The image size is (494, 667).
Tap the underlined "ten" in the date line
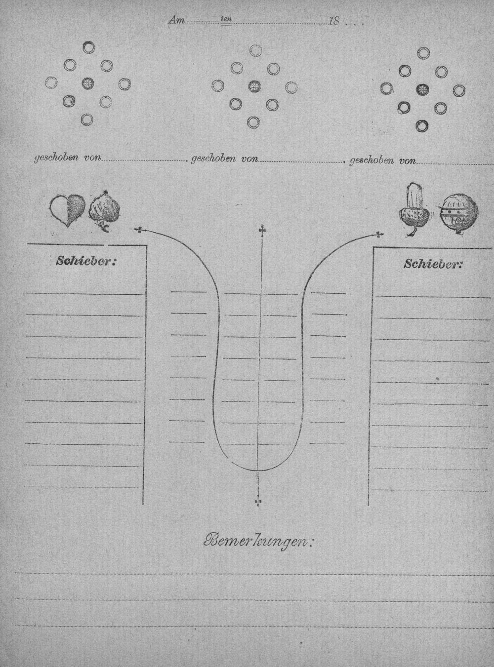(x=226, y=19)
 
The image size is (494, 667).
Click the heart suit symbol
(x=68, y=210)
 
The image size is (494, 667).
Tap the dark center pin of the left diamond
(x=88, y=83)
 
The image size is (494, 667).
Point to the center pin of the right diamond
(x=422, y=89)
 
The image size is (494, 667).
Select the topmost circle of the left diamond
(x=88, y=47)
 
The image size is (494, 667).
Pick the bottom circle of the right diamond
(x=422, y=125)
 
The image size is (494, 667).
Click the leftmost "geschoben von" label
(x=68, y=158)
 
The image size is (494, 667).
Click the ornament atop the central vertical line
(x=263, y=229)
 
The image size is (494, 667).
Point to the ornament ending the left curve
(x=140, y=230)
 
